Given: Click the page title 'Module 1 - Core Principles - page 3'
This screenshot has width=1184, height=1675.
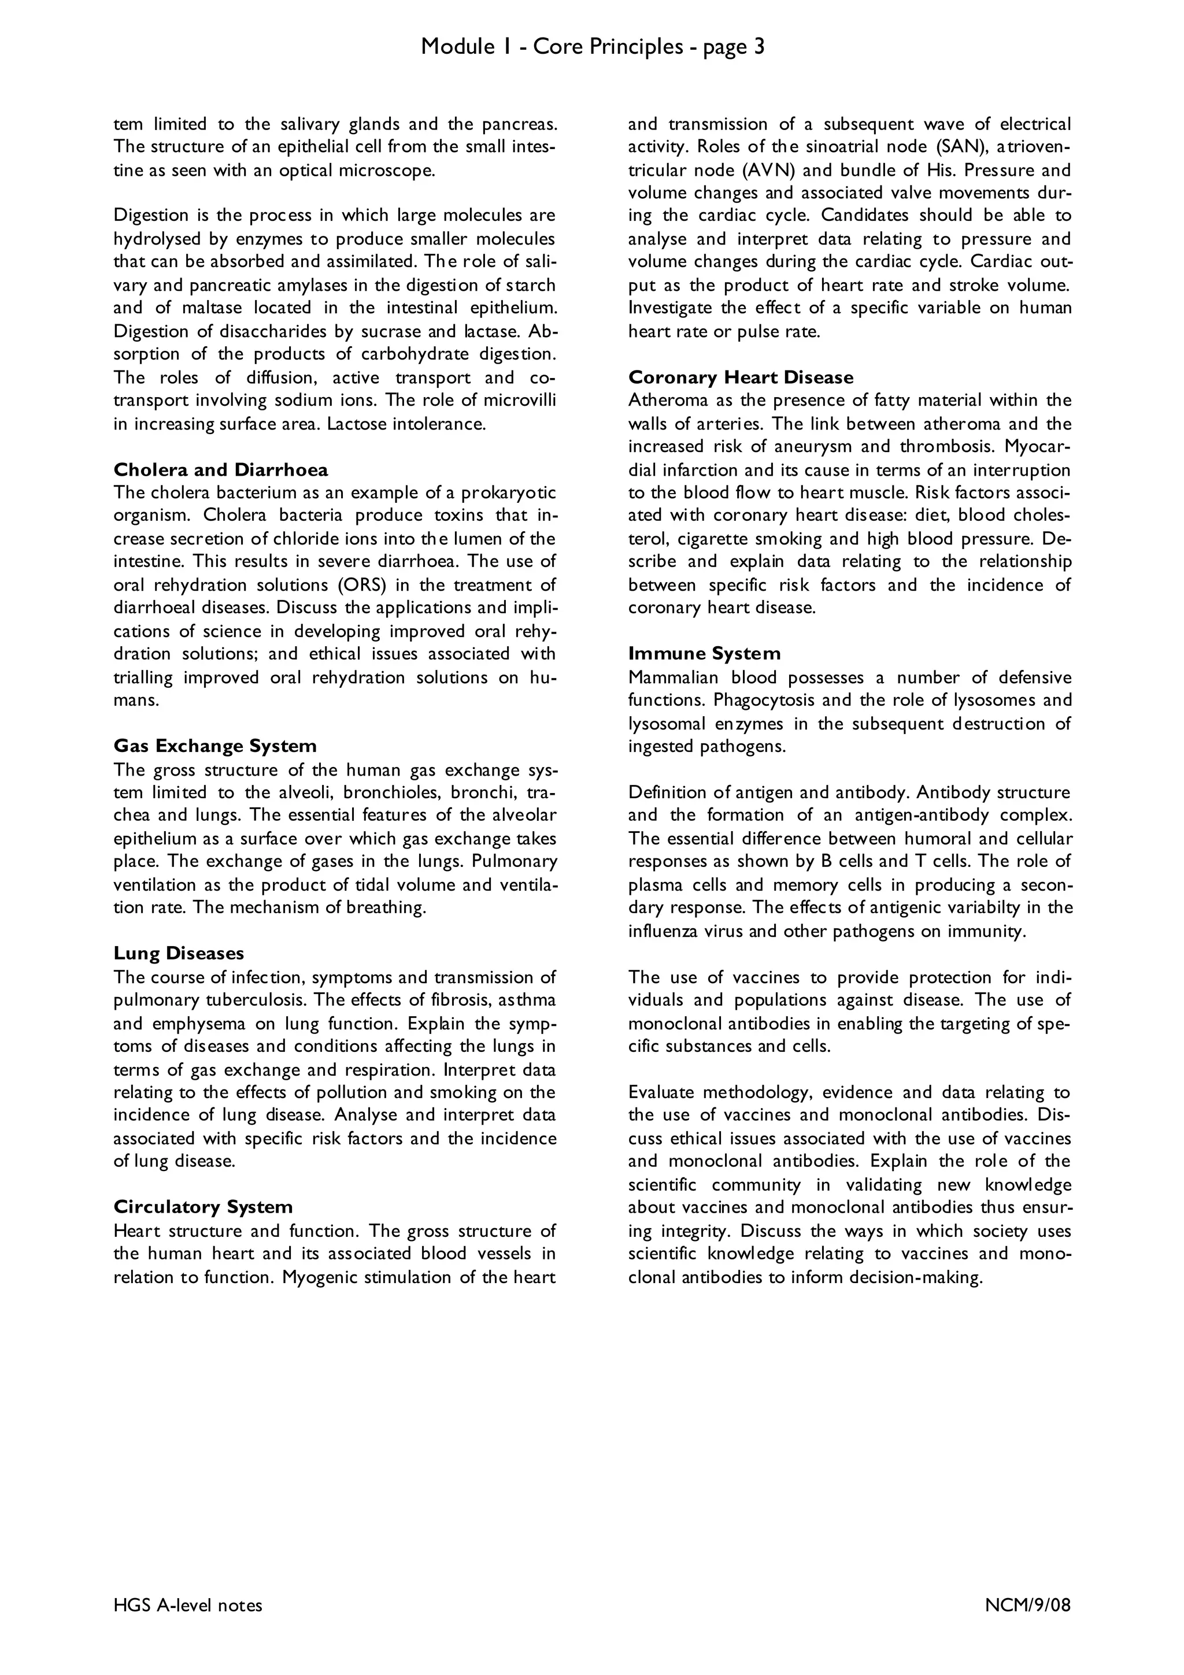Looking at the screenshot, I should point(593,47).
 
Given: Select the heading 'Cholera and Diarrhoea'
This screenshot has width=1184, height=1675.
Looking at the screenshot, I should point(220,469).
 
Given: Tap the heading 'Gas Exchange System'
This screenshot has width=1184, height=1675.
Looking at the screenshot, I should point(214,746).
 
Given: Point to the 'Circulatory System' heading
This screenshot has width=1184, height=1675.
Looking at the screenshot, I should point(203,1207).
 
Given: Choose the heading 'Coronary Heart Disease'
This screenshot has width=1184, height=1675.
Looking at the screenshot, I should point(741,377).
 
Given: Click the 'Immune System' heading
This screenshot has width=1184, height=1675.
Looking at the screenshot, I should point(704,653).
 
